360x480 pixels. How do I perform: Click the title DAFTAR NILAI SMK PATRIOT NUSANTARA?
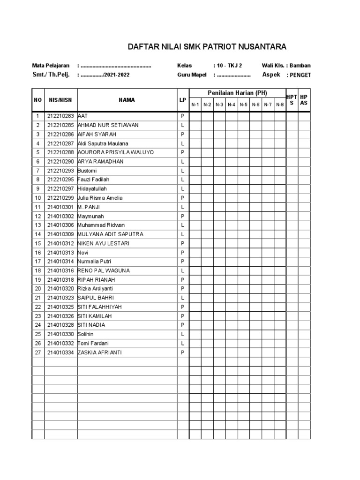coord(207,47)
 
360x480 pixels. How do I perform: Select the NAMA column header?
coord(127,100)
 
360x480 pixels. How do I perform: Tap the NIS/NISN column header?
coord(60,100)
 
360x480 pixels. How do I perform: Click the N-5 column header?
coord(243,105)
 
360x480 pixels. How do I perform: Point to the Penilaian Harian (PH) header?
coord(237,93)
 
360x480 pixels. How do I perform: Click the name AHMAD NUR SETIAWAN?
coord(108,125)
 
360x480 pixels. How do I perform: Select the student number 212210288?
coord(60,152)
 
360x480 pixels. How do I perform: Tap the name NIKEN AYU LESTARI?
coord(103,243)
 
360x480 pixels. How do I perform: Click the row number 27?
coord(37,352)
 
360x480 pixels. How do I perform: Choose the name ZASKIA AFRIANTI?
coord(99,352)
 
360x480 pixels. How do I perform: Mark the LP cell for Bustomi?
coord(183,171)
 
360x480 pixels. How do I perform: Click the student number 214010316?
coord(60,270)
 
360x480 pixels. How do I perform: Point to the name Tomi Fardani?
coord(94,343)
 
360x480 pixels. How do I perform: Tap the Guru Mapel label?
coord(192,75)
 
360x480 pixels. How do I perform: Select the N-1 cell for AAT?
coord(195,116)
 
